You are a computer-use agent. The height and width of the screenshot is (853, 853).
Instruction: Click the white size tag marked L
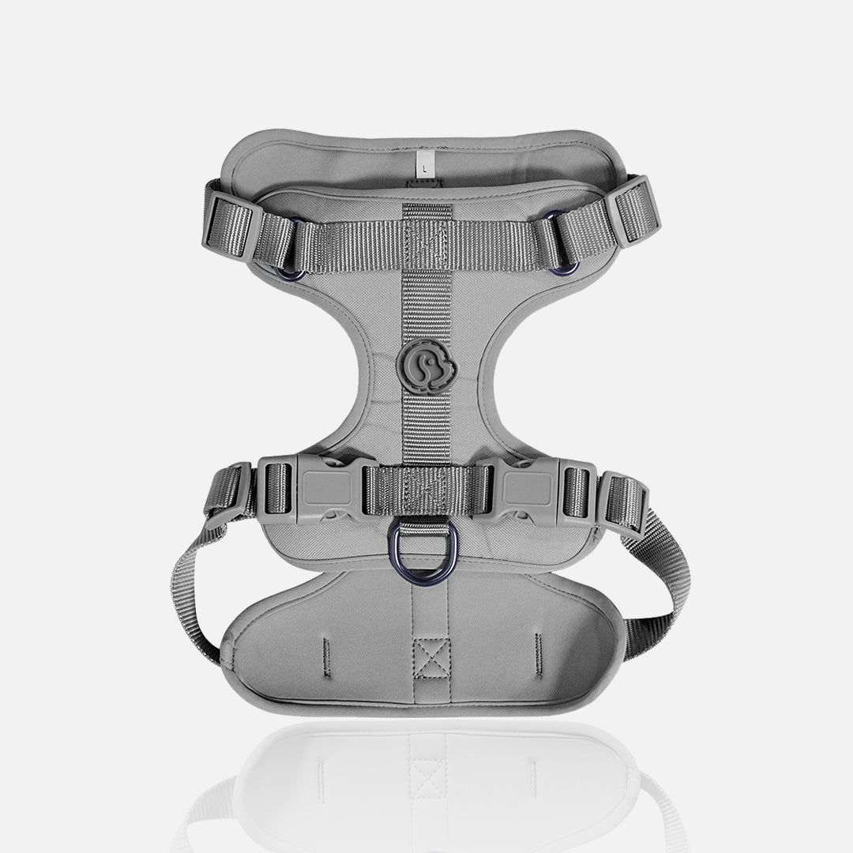click(425, 165)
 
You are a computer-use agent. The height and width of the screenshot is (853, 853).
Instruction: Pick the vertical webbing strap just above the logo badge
click(426, 308)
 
